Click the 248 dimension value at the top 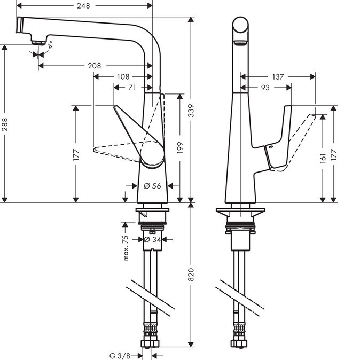83,6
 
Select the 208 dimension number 95,66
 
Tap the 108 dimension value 123,77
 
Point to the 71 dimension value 132,88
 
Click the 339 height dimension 191,111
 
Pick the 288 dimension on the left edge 5,124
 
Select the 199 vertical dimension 180,147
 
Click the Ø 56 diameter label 152,186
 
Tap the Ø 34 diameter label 152,239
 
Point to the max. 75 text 126,248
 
